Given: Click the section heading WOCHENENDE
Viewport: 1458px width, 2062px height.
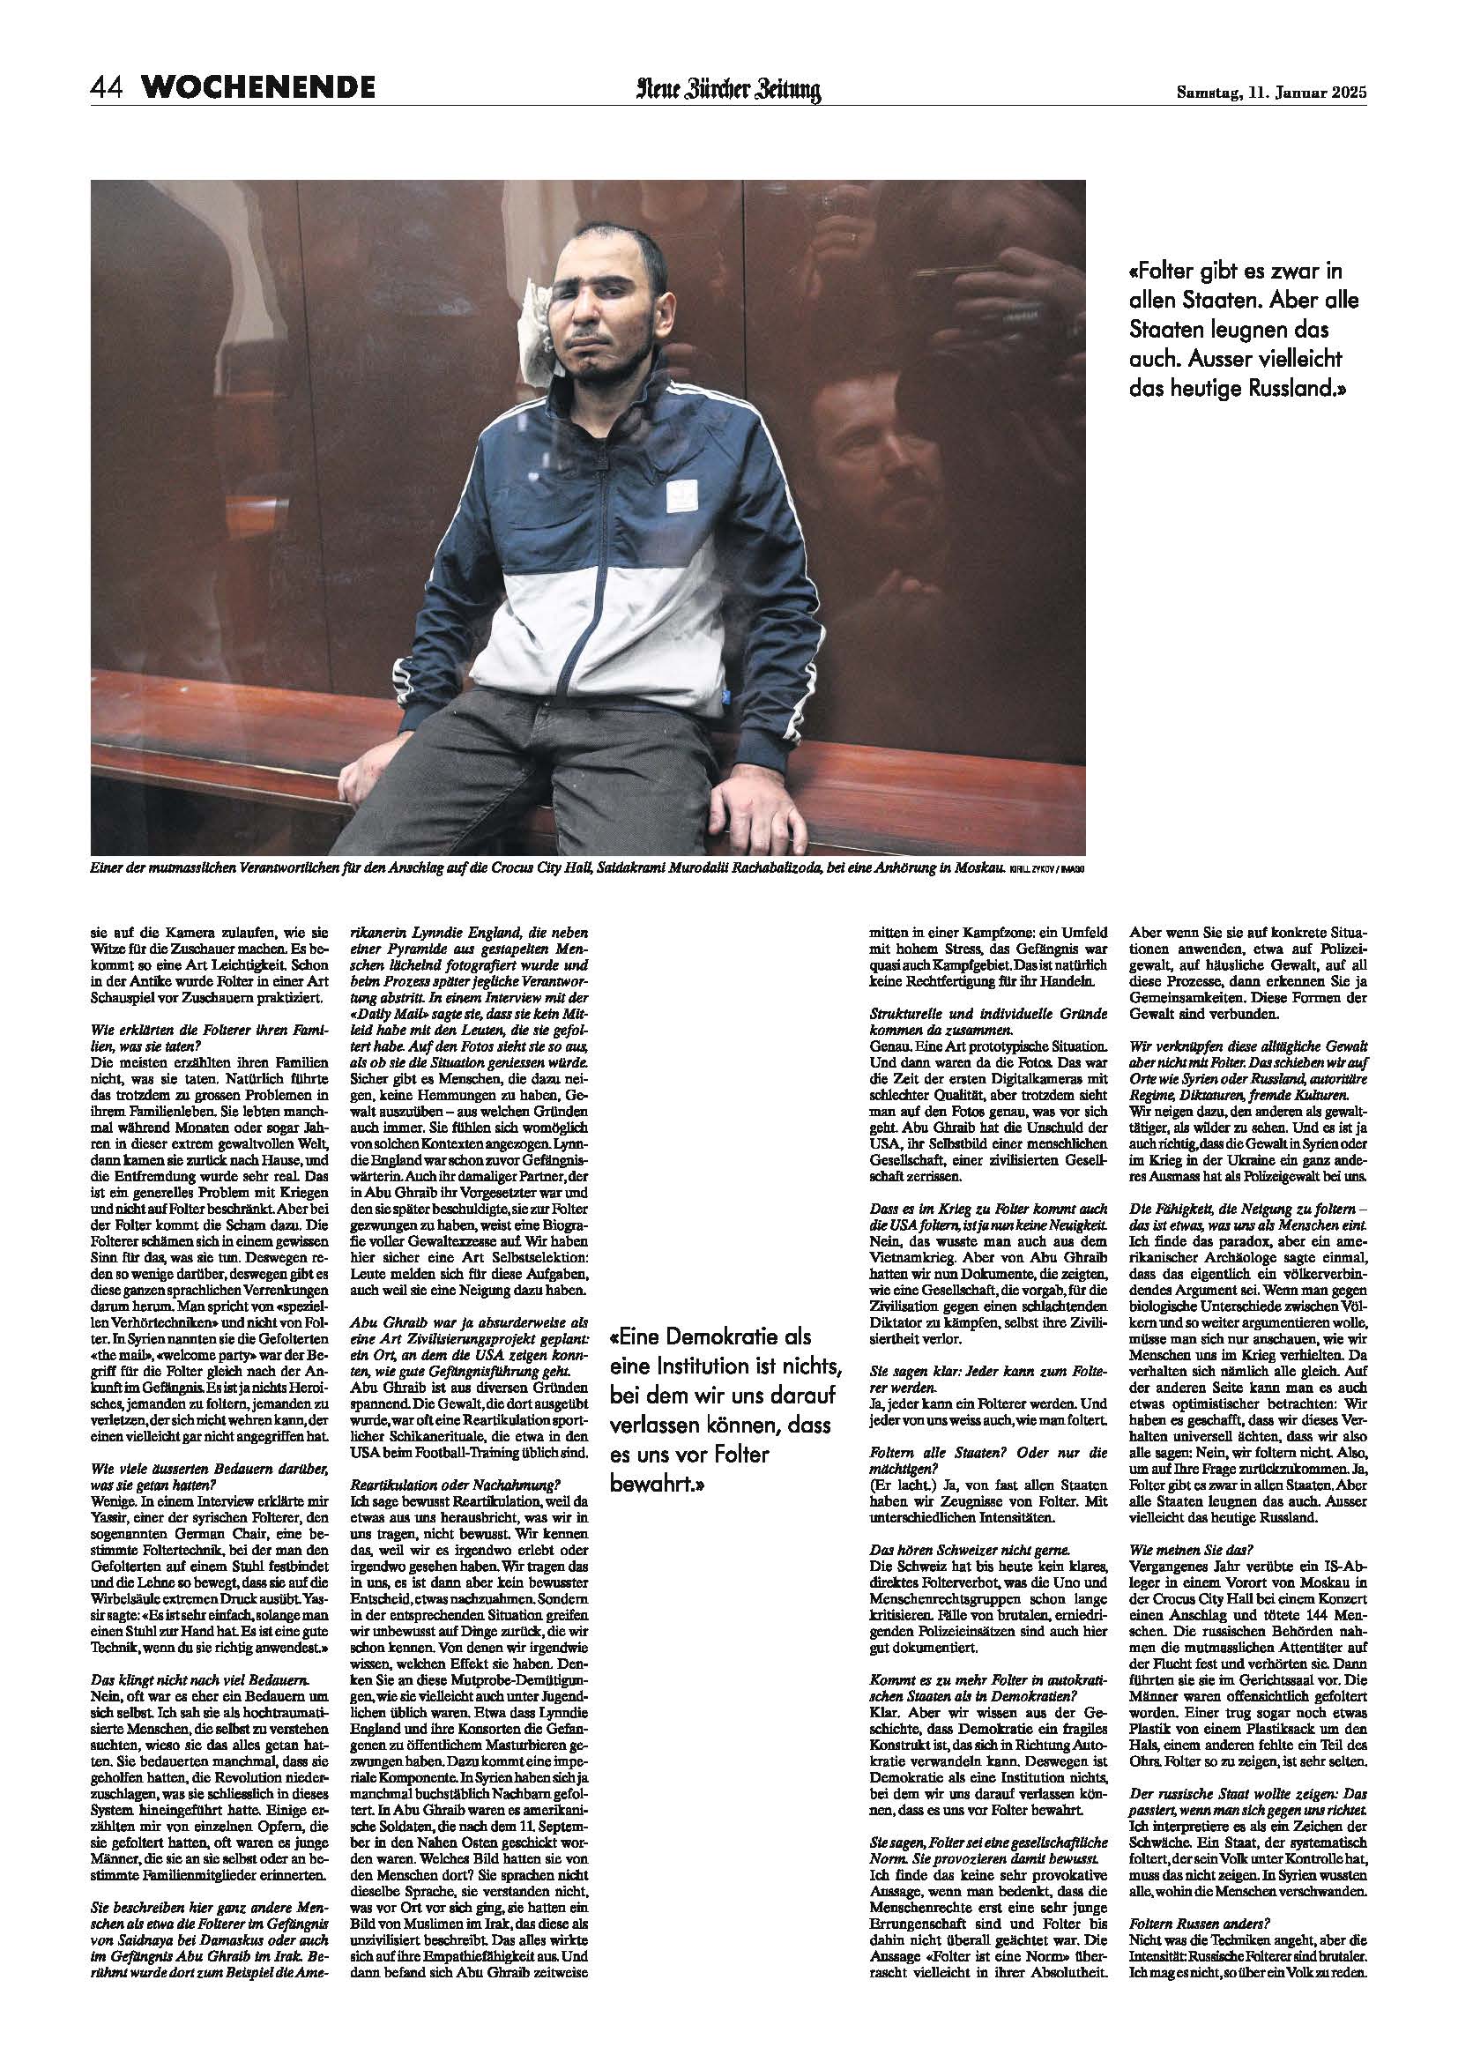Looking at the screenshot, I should click(258, 88).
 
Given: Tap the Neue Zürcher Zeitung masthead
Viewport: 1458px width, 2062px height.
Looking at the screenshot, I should click(729, 90).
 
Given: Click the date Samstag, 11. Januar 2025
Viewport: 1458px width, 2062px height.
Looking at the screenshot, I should click(1271, 91).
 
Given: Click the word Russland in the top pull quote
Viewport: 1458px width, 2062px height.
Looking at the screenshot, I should click(1284, 390).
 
